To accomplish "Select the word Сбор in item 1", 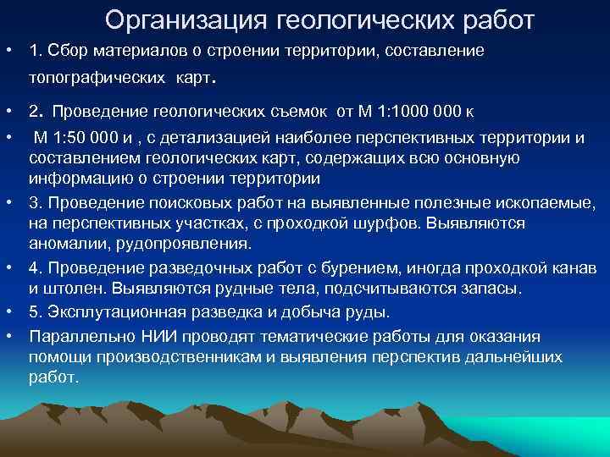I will click(63, 51).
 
